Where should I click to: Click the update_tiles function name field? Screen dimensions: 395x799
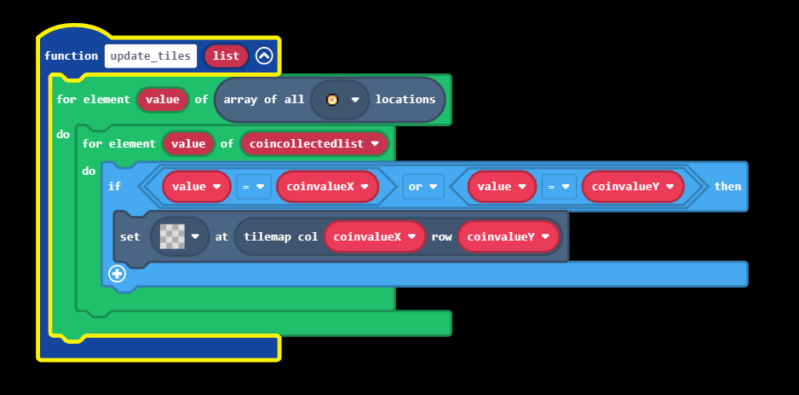(x=151, y=56)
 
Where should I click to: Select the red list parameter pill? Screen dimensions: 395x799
(x=226, y=56)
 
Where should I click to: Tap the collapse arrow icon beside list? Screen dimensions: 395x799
(x=264, y=56)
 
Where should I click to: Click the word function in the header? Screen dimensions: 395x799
(x=72, y=56)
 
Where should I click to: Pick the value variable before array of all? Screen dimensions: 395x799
(x=162, y=100)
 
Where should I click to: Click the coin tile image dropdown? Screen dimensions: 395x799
(x=339, y=100)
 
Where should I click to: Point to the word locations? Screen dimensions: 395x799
(x=405, y=100)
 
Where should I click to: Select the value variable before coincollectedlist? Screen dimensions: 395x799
(x=187, y=143)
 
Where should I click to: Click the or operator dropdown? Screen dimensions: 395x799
(x=423, y=187)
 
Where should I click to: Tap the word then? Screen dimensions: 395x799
(x=727, y=187)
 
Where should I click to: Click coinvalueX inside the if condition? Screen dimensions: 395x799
(x=327, y=187)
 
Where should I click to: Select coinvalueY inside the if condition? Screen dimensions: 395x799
(x=632, y=187)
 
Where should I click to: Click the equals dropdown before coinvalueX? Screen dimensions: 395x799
(x=253, y=187)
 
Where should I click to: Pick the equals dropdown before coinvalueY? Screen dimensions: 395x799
(x=558, y=187)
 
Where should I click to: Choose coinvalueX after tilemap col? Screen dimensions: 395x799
(x=374, y=236)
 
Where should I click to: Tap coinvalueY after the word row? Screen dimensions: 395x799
(x=508, y=236)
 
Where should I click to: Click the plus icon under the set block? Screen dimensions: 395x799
(x=118, y=274)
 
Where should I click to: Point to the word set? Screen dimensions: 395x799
(x=130, y=236)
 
